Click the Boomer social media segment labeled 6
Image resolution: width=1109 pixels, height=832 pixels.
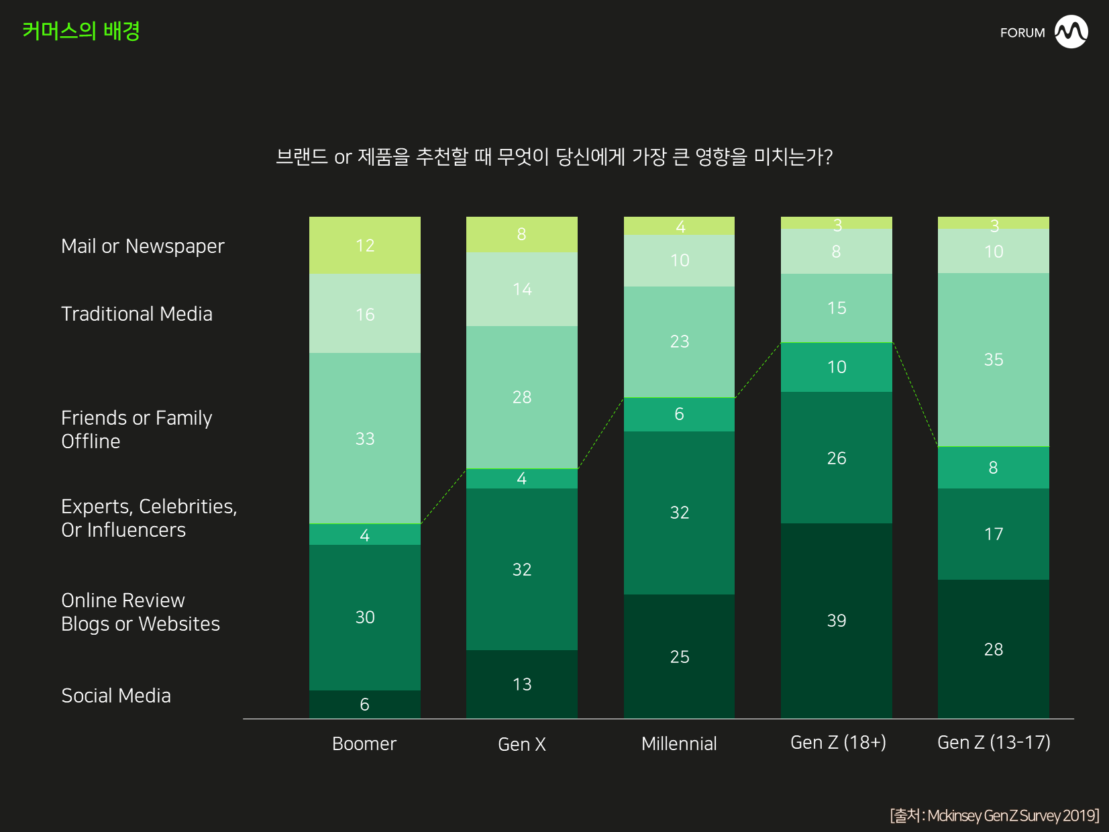[x=364, y=705]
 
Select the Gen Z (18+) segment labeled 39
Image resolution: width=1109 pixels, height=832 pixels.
[x=836, y=621]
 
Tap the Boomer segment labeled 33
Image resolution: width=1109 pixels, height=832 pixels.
[x=364, y=438]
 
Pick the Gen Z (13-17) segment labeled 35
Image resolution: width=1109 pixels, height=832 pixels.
[x=993, y=360]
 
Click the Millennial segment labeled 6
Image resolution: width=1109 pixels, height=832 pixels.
[x=679, y=414]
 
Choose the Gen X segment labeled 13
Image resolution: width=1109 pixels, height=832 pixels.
[x=521, y=684]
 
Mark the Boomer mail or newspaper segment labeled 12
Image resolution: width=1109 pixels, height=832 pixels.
[x=364, y=246]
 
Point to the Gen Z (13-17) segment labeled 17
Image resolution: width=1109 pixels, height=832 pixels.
[x=993, y=534]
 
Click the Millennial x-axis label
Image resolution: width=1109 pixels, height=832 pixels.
[x=679, y=743]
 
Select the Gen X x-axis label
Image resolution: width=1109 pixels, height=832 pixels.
[x=521, y=744]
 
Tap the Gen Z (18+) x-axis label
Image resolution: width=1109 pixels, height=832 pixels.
[x=838, y=742]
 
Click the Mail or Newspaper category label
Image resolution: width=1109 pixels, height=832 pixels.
[x=143, y=246]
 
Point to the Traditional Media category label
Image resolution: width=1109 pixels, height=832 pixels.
[x=137, y=314]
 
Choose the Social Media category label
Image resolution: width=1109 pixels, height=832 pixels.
[x=116, y=696]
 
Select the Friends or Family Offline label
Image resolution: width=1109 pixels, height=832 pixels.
[x=137, y=429]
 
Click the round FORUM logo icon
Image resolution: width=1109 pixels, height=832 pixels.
[x=1071, y=32]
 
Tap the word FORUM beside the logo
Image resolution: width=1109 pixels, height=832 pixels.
[x=1022, y=33]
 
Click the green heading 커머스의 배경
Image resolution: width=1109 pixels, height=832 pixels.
[x=81, y=31]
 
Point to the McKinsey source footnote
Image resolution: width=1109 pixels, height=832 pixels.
[x=994, y=815]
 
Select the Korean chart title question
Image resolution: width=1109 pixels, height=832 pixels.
[x=554, y=157]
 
